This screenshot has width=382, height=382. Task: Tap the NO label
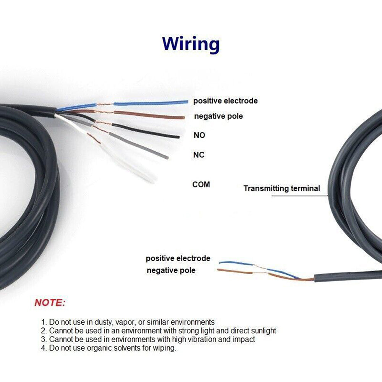click(199, 135)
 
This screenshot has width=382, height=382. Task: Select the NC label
click(199, 155)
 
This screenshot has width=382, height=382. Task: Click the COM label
click(201, 185)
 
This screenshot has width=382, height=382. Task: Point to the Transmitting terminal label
click(282, 188)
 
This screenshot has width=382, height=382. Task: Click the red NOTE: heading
click(50, 303)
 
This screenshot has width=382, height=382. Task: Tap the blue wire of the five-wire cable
click(153, 102)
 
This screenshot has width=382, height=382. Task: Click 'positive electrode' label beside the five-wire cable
click(225, 101)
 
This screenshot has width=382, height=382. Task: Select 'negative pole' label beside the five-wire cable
click(219, 116)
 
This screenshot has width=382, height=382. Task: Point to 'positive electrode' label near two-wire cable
click(178, 259)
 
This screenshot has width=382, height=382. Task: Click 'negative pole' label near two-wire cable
click(171, 270)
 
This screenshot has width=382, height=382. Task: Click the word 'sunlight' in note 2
click(262, 331)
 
